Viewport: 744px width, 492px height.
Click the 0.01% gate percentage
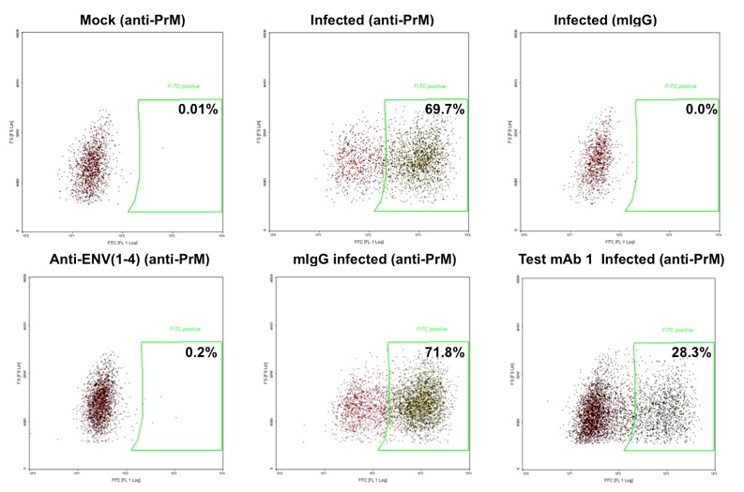point(198,110)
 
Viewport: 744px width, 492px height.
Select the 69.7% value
point(444,110)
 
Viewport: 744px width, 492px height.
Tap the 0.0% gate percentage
point(700,110)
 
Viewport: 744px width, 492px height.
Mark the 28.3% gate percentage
point(692,352)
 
